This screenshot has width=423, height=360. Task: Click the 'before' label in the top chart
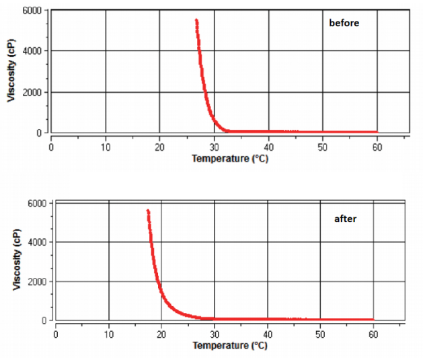344,23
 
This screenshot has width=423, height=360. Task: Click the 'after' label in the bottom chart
345,219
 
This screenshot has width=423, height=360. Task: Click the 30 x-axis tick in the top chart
214,146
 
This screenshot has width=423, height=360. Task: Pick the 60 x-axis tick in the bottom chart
373,332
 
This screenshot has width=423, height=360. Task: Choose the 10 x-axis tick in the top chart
106,146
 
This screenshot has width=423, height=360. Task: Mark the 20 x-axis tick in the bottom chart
161,332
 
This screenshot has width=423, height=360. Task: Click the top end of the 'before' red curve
196,20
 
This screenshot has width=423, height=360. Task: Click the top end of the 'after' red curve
148,211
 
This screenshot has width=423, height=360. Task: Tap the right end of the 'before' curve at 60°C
377,132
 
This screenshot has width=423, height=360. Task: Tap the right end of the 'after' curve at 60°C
373,320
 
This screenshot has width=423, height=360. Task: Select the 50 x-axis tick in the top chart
323,146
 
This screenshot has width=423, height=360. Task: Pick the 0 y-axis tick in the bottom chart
44,321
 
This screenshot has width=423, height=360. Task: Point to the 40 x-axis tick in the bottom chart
268,332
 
